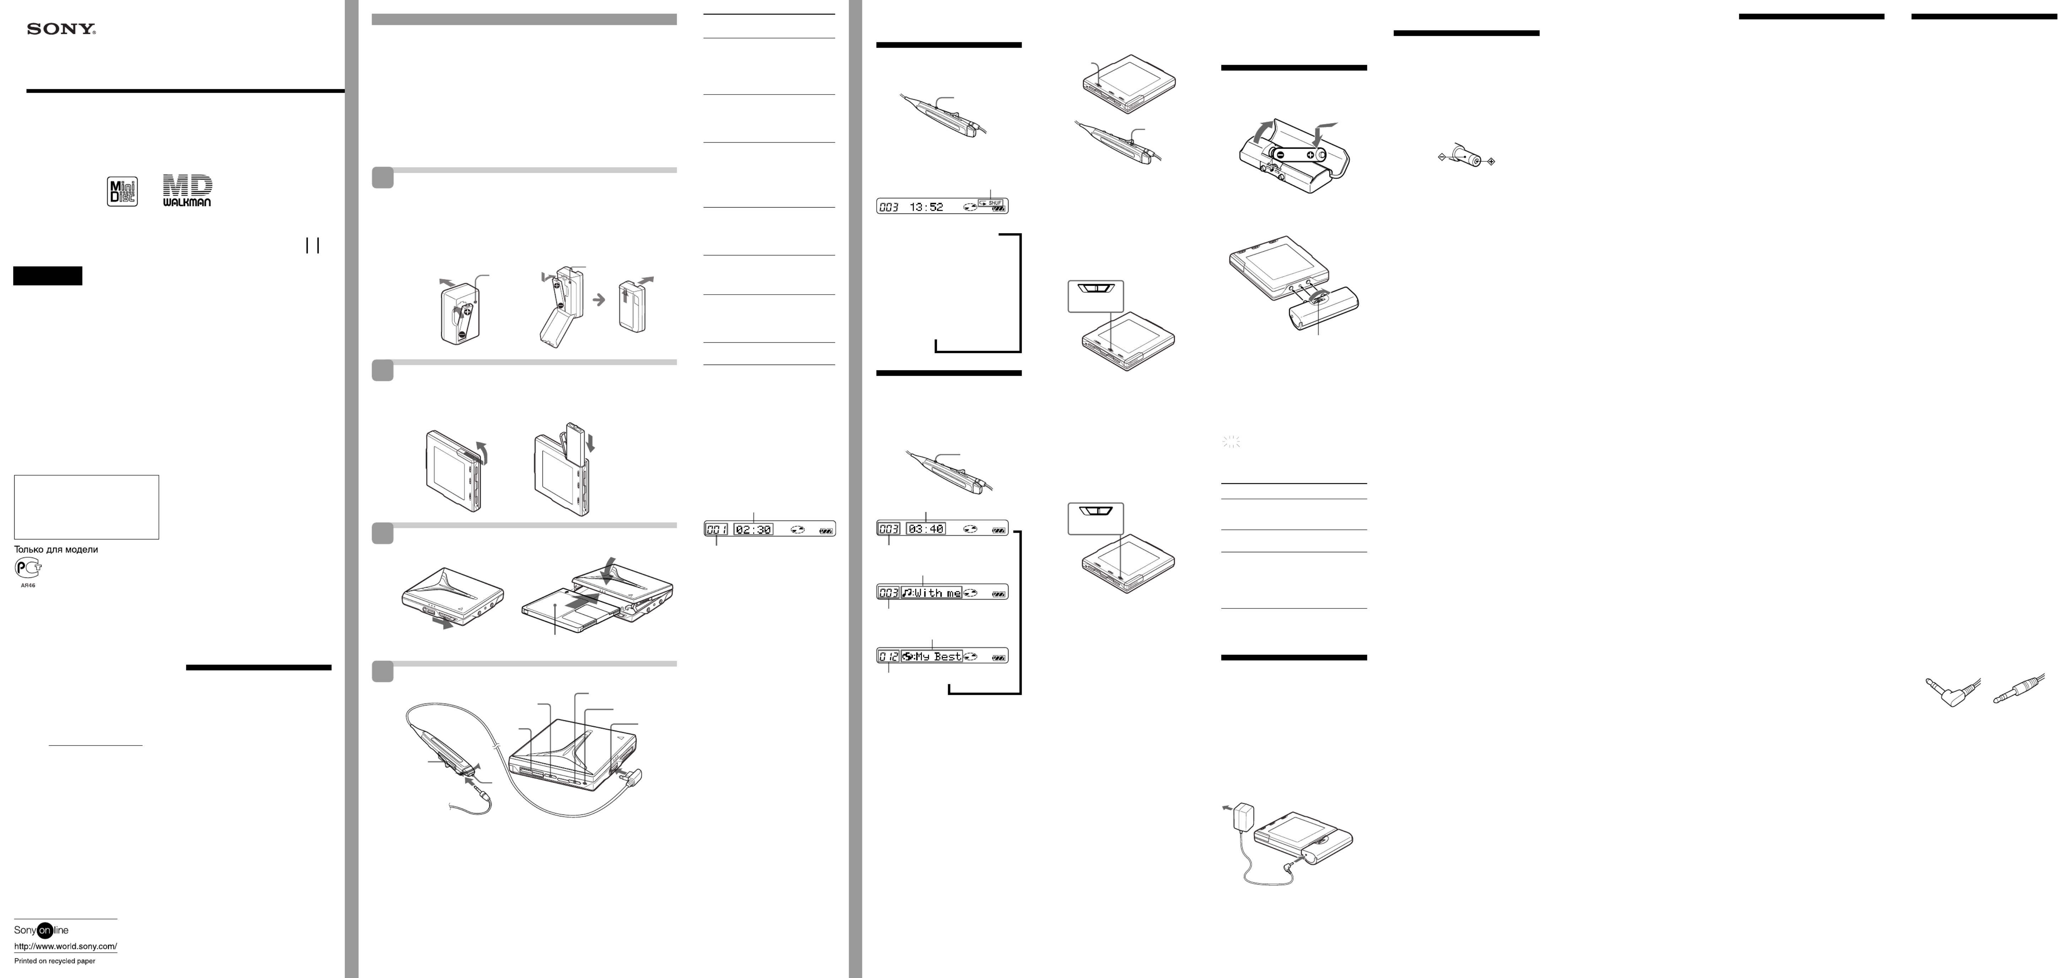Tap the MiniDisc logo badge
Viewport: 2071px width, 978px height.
(x=122, y=192)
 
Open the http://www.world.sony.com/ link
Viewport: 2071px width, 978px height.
(x=66, y=947)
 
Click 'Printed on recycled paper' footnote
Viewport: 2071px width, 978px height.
(x=55, y=961)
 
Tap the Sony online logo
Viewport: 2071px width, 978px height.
(x=42, y=930)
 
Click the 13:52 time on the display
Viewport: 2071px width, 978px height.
(x=926, y=207)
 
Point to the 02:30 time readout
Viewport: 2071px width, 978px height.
(x=753, y=529)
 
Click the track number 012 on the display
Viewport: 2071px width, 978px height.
(x=888, y=656)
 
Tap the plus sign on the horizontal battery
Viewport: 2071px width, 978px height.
(x=1310, y=155)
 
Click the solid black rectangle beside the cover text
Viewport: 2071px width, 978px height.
(x=48, y=276)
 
